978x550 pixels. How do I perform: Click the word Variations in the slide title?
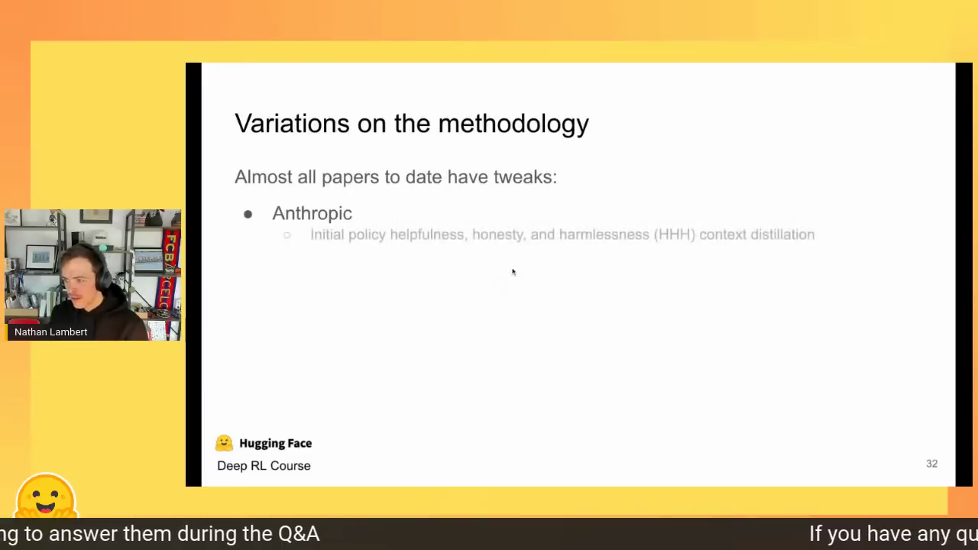pos(292,123)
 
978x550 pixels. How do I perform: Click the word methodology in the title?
pos(513,125)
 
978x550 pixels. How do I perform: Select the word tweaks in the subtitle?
pos(525,176)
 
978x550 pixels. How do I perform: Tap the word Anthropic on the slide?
pos(312,213)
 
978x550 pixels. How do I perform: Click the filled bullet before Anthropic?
pos(248,214)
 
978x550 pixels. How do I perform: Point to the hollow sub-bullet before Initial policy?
pos(287,235)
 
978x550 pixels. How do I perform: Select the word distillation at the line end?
pos(782,235)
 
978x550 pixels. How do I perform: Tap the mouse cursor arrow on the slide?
pos(514,273)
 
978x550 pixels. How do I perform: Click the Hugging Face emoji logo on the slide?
pos(224,443)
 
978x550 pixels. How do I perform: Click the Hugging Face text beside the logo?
pos(276,444)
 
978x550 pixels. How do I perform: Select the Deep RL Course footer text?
pos(264,466)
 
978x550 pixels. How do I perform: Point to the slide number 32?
pos(931,464)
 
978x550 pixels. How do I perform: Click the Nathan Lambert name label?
pos(50,332)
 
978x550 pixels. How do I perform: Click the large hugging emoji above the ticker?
pos(46,496)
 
